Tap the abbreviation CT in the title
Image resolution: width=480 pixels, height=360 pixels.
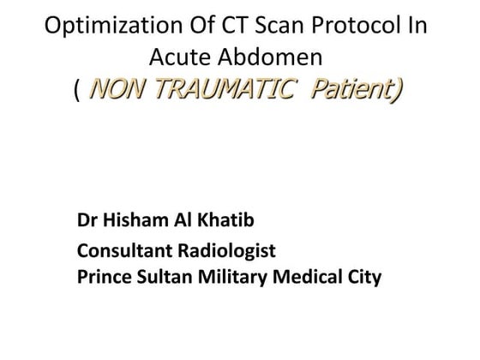[x=234, y=26]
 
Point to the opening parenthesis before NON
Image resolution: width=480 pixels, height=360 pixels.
[x=78, y=89]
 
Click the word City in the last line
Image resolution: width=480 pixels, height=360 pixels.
[x=360, y=277]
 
